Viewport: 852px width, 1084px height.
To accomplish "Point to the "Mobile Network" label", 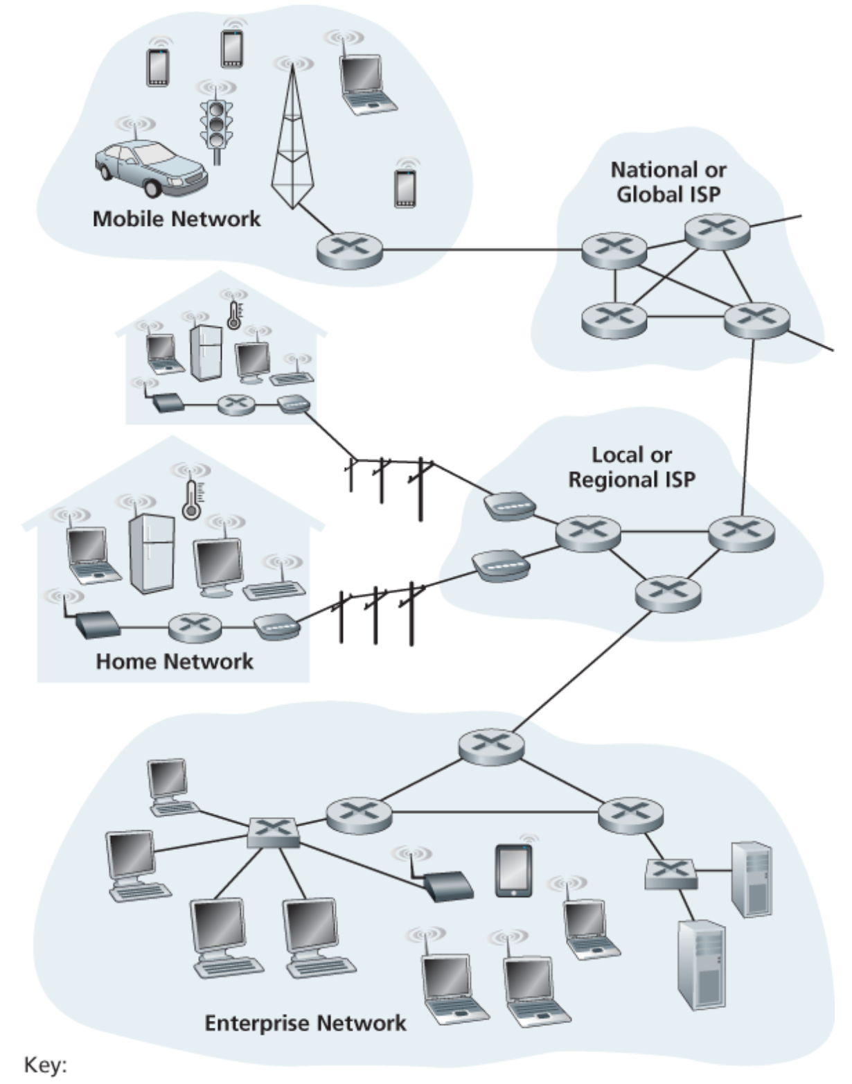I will click(177, 219).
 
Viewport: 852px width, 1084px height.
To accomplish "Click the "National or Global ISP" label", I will click(668, 182).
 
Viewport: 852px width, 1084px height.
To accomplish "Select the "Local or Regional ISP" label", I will click(631, 467).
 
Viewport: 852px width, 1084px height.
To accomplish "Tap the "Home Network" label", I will click(175, 661).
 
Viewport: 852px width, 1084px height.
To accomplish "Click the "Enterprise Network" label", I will click(305, 1022).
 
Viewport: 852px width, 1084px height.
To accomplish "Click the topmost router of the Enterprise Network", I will click(491, 746).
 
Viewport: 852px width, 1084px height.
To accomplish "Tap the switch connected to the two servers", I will click(671, 874).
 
